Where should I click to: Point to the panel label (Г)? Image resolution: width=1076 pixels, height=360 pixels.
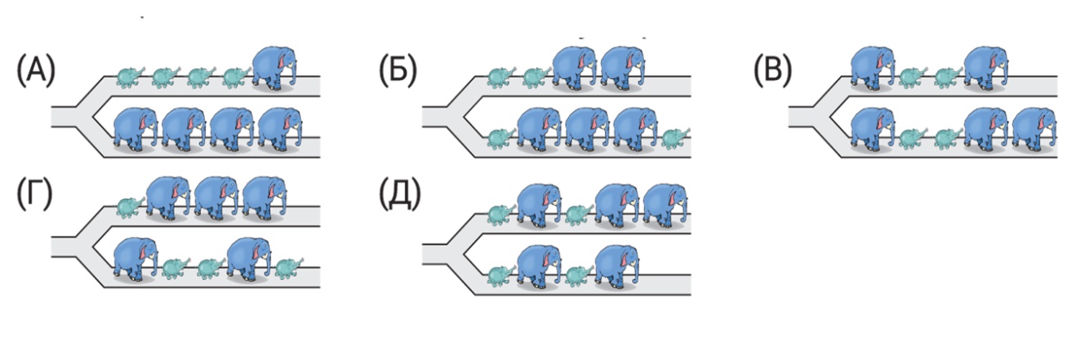click(35, 196)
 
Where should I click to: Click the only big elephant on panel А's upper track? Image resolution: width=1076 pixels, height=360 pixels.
click(273, 67)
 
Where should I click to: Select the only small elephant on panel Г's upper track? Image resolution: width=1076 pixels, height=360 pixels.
click(127, 207)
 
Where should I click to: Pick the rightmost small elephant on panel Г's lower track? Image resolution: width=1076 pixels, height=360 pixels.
click(287, 267)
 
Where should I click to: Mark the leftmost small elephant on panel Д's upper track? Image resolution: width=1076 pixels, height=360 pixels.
click(498, 215)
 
